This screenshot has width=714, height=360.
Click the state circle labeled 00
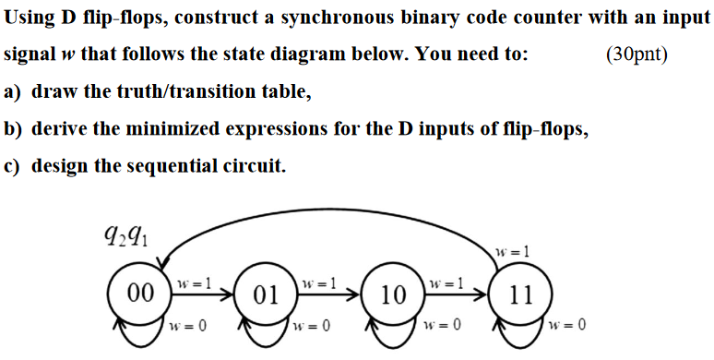click(140, 294)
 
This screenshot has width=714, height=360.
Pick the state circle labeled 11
click(521, 295)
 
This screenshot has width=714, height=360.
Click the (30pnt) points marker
click(637, 54)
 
